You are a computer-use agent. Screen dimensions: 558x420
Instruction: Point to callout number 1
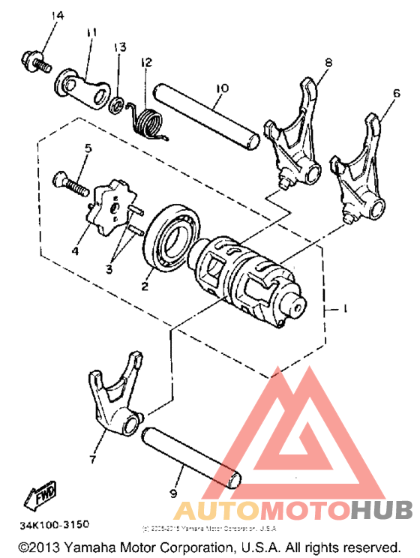344,308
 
